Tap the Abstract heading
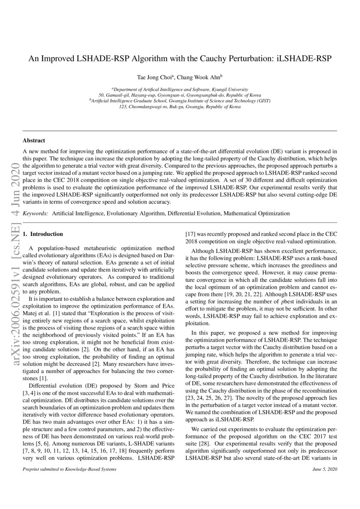pos(34,141)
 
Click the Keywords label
pos(35,213)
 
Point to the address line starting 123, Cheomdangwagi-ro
pos(180,107)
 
